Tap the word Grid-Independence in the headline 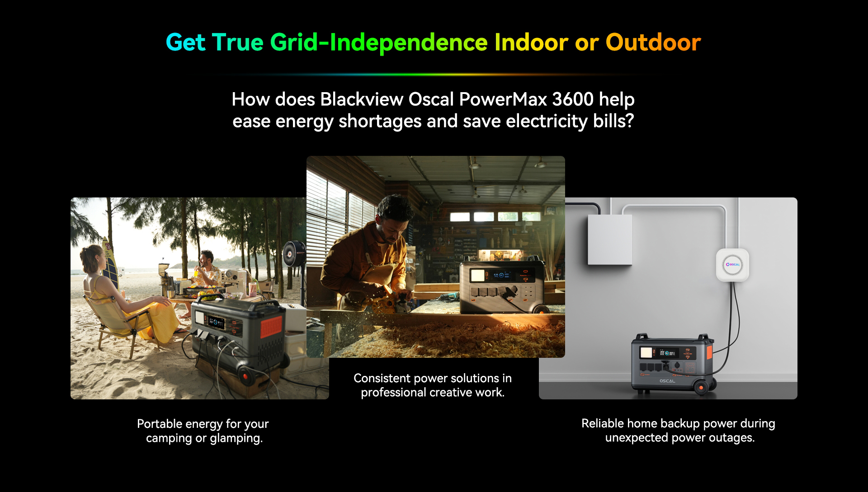(x=379, y=42)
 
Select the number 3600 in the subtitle (x=573, y=99)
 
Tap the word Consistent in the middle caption (x=382, y=378)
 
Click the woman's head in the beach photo (x=92, y=258)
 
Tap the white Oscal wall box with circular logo (x=732, y=265)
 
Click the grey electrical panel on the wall (x=609, y=239)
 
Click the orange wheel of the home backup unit (x=701, y=387)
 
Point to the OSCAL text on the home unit (x=667, y=381)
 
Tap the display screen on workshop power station (x=477, y=275)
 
